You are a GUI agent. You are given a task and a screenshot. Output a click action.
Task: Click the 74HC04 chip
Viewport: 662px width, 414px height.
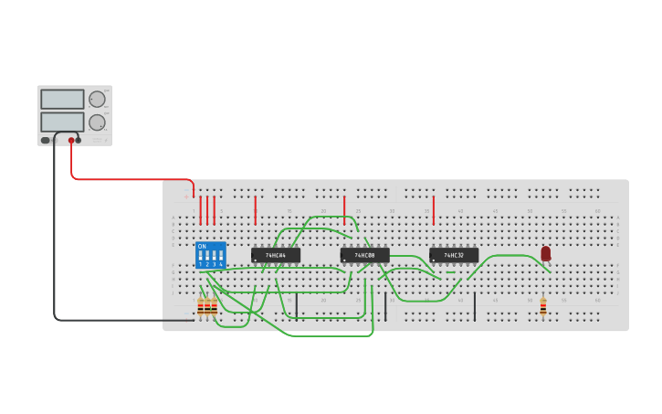[x=275, y=255]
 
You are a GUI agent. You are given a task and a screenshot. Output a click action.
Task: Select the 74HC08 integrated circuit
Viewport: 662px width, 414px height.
[x=364, y=255]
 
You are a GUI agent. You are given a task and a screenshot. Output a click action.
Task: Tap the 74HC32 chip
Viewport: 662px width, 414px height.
[x=453, y=255]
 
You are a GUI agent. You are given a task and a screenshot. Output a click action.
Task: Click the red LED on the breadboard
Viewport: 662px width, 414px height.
[x=545, y=253]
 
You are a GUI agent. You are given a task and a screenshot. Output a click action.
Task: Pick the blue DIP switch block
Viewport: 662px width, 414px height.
[x=210, y=255]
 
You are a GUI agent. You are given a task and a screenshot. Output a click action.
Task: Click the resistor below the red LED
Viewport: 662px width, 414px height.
[x=542, y=306]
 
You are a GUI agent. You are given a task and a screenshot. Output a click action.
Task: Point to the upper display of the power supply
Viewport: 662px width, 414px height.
[x=62, y=99]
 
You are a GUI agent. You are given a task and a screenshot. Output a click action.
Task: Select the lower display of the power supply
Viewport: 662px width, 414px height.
[x=62, y=122]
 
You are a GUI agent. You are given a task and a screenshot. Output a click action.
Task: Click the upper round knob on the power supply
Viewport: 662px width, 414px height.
[x=97, y=99]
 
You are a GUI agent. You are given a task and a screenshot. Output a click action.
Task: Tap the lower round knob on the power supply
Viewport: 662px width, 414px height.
[x=97, y=122]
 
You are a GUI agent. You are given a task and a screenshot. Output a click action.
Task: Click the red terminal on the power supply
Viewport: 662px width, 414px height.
[x=71, y=140]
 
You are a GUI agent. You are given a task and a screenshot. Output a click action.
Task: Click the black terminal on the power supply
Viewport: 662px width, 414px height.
[x=79, y=140]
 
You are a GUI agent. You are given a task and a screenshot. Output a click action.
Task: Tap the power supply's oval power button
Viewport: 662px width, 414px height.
[x=45, y=140]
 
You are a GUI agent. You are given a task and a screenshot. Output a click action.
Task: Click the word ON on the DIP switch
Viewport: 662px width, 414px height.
[x=202, y=246]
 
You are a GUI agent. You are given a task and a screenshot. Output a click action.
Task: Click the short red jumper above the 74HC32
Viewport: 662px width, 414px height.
[x=433, y=210]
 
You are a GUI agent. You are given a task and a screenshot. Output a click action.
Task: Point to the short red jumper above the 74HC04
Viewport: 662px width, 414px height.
[x=255, y=210]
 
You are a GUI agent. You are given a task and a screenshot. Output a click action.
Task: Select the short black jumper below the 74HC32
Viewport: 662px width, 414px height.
[x=474, y=306]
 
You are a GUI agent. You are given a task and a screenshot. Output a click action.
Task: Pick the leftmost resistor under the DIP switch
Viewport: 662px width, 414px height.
[x=200, y=306]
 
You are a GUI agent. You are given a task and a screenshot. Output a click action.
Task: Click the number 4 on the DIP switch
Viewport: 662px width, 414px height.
[x=221, y=264]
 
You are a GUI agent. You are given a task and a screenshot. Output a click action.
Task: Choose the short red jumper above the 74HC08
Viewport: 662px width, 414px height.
[x=344, y=210]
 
